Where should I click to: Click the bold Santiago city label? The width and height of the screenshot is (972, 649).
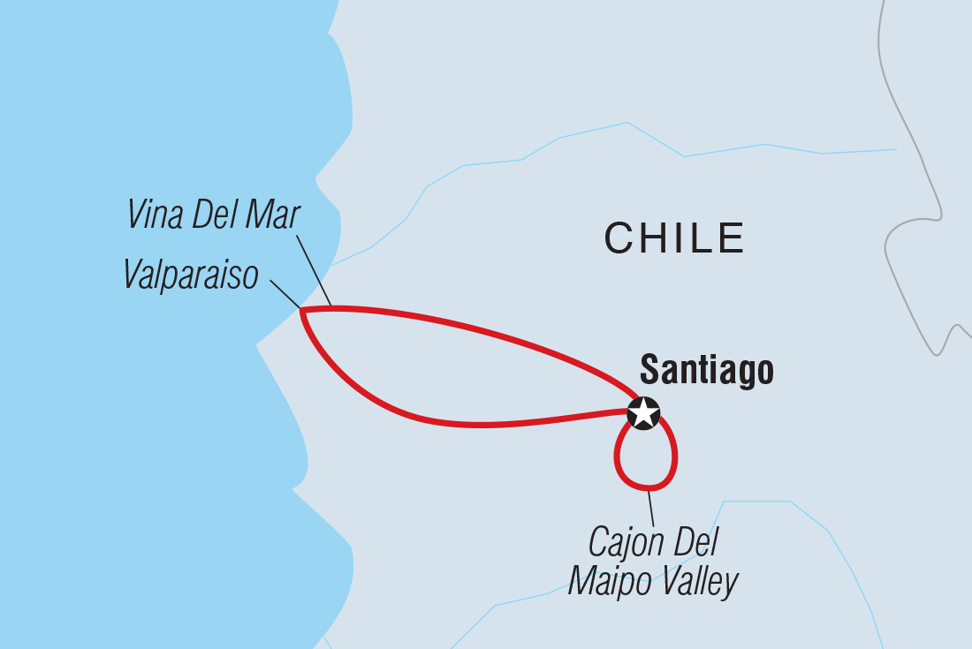tap(706, 370)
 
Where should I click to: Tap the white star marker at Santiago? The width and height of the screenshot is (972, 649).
tap(643, 412)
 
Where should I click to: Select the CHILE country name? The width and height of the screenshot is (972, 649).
tap(674, 238)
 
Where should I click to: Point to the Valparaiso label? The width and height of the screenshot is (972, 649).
tap(192, 275)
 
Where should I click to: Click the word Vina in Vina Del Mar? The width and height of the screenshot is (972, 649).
tap(156, 215)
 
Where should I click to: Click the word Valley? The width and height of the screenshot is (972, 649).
tap(698, 582)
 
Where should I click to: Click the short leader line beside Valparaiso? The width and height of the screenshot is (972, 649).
tap(285, 295)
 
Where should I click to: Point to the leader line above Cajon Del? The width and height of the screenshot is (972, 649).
tap(651, 508)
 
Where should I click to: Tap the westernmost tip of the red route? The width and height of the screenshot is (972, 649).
tap(302, 312)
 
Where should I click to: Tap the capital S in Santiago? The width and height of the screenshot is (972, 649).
tap(649, 370)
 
